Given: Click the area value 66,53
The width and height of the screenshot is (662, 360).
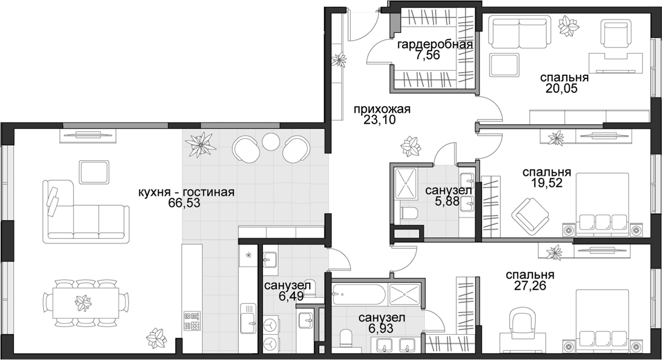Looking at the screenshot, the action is [x=184, y=203].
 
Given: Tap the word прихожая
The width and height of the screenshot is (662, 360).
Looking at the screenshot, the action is [x=382, y=109].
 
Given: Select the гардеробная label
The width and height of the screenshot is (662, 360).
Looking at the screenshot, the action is [x=435, y=45].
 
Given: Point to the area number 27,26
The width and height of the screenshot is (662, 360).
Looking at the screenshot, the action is [x=530, y=286].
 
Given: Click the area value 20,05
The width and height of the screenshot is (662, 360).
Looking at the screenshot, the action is [x=561, y=89].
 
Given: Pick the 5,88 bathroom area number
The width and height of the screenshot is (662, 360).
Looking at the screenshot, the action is [x=447, y=201].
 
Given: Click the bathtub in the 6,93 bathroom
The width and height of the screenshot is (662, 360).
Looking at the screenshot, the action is [x=358, y=295].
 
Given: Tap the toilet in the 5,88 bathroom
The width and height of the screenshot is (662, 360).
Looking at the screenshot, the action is [x=409, y=213].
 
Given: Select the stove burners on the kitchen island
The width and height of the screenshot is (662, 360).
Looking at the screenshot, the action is [x=192, y=321].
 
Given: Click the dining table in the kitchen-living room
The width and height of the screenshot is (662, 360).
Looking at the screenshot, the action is [x=86, y=303].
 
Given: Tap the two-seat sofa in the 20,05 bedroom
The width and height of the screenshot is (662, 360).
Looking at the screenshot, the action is [x=519, y=32].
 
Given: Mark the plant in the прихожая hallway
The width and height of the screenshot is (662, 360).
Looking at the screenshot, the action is [x=411, y=146].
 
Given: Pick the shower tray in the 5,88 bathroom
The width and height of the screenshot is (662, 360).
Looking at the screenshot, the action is [x=406, y=183].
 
